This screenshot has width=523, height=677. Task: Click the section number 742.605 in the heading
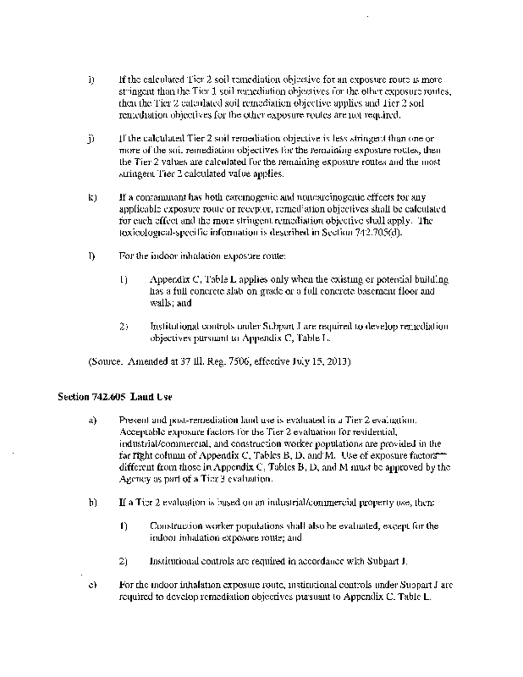[100, 396]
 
